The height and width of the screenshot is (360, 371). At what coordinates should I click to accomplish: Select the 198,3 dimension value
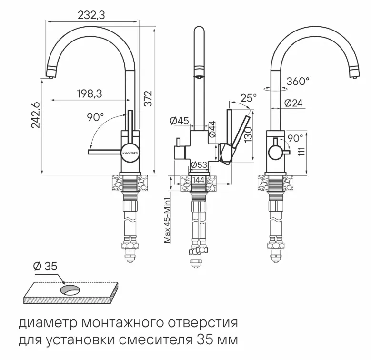point(89,93)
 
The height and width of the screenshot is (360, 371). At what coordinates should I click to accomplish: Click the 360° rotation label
point(298,82)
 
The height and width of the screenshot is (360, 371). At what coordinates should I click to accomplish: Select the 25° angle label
point(248,98)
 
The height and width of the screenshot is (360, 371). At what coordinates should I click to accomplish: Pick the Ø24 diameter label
point(293,103)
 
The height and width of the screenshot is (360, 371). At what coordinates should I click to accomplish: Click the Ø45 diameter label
point(180,121)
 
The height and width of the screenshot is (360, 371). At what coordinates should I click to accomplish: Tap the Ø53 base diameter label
point(199,165)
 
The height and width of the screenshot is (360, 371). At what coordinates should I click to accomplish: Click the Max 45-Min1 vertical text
point(167,219)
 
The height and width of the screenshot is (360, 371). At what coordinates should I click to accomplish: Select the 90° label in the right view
point(295,138)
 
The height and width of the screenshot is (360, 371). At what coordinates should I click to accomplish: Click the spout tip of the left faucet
point(48,73)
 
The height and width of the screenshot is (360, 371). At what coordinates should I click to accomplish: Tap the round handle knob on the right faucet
point(275,153)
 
